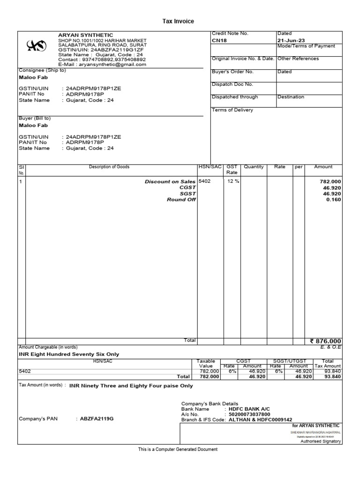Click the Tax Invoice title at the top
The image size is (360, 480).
(178, 21)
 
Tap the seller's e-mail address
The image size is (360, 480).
(102, 65)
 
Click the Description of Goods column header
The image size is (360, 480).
(109, 167)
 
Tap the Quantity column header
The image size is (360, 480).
(254, 167)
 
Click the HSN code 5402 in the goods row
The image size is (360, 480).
(205, 181)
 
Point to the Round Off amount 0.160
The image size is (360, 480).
(334, 200)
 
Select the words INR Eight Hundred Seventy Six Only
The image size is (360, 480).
(69, 354)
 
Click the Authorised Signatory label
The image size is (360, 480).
(321, 441)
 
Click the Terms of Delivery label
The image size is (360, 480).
(232, 110)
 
